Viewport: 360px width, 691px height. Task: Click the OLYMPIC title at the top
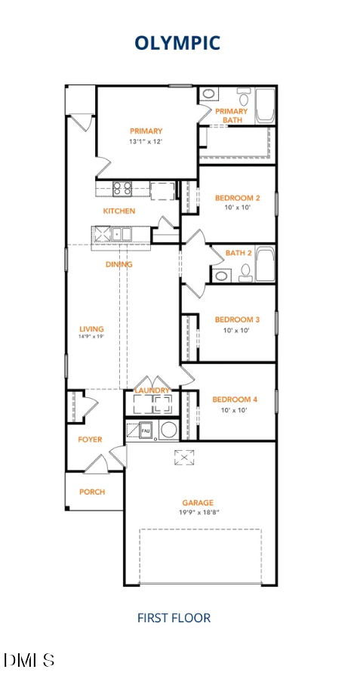(x=177, y=43)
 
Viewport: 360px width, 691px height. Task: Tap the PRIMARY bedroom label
(x=146, y=131)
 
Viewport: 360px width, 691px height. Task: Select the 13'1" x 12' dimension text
(x=146, y=141)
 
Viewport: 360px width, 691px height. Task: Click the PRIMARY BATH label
(x=232, y=116)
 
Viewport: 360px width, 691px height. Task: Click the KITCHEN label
(x=119, y=211)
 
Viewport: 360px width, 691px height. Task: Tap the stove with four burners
(x=123, y=188)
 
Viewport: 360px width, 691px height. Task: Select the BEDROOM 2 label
(x=237, y=199)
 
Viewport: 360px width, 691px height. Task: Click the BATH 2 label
(x=238, y=253)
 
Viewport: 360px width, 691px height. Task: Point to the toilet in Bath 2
(x=246, y=273)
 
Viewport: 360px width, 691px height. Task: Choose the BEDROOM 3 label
(x=237, y=320)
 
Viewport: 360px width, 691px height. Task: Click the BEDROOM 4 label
(x=235, y=399)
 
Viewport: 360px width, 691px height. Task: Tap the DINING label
(x=119, y=265)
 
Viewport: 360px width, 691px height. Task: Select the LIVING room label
(x=92, y=329)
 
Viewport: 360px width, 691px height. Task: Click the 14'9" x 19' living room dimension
(x=92, y=337)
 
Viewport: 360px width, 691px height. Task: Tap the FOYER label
(x=90, y=440)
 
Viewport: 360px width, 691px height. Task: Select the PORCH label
(x=92, y=492)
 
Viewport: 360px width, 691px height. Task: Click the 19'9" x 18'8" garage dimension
(x=198, y=512)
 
